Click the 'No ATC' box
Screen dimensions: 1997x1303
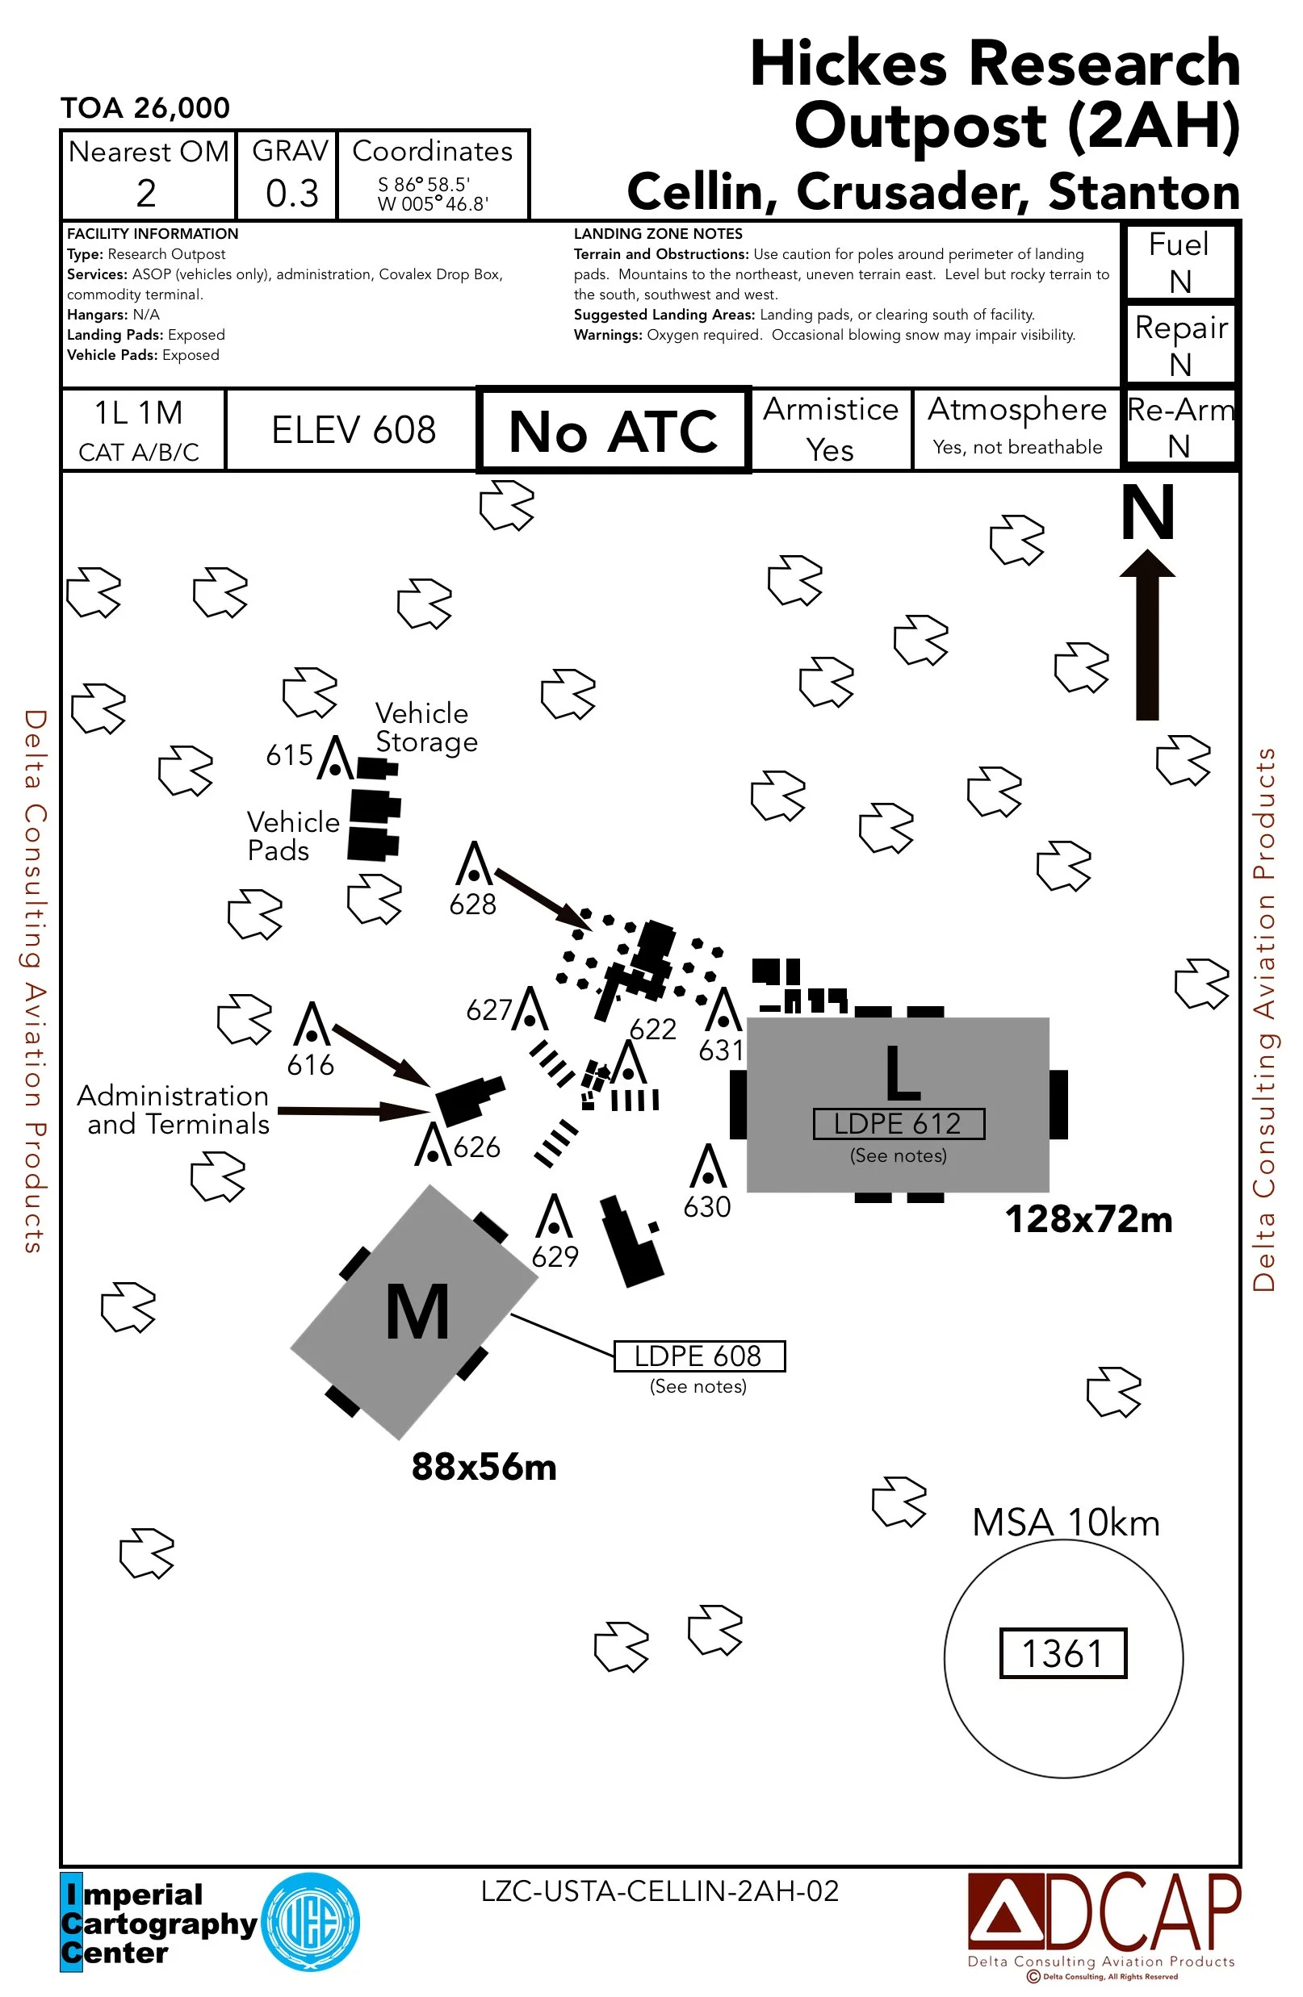(x=613, y=432)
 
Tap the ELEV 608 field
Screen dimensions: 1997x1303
(x=353, y=430)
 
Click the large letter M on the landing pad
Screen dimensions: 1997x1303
(x=417, y=1312)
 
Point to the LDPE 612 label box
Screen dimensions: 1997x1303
(x=899, y=1123)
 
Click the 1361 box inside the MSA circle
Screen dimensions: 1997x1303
(x=1062, y=1654)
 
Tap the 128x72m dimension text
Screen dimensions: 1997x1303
(x=1088, y=1219)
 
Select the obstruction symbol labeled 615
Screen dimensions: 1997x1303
(x=336, y=758)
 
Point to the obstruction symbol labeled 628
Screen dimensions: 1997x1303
(x=475, y=864)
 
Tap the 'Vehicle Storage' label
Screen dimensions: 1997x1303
(x=425, y=728)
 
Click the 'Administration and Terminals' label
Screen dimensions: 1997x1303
(x=174, y=1110)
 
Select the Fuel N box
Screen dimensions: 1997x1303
(x=1179, y=261)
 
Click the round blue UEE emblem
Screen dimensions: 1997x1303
(x=311, y=1921)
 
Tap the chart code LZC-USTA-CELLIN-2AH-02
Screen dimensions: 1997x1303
(x=660, y=1891)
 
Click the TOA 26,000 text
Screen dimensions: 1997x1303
(x=145, y=107)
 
